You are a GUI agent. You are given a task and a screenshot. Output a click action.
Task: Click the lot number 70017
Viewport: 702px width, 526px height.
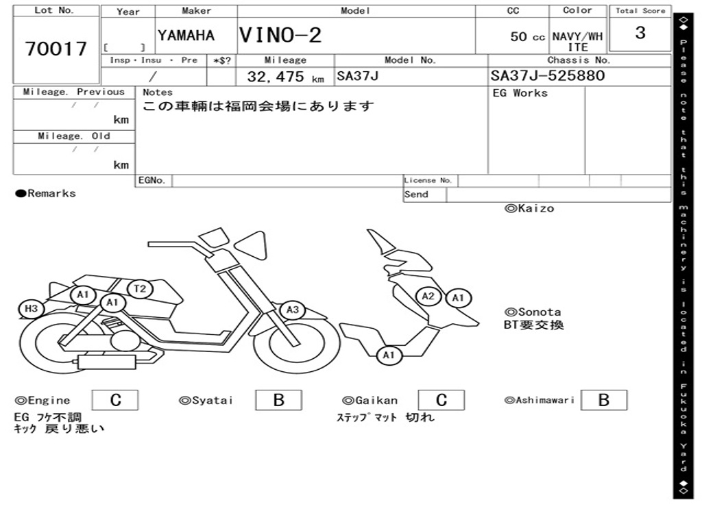[56, 49]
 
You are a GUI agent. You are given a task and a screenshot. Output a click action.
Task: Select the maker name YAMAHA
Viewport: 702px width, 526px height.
[186, 36]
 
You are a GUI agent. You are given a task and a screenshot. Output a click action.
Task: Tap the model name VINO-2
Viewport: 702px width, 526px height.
[280, 35]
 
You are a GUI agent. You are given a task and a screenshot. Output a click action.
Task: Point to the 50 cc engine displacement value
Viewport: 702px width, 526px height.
[527, 37]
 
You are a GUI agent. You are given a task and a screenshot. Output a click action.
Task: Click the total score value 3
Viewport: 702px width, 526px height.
[640, 33]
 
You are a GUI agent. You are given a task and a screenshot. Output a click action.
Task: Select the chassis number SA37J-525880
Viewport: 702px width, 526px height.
[548, 75]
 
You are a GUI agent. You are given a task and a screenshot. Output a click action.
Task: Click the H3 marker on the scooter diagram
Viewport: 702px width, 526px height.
[31, 309]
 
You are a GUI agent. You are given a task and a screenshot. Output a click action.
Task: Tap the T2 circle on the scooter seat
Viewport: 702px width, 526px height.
[140, 288]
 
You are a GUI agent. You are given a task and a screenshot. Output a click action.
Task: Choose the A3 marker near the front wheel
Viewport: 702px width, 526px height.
[293, 310]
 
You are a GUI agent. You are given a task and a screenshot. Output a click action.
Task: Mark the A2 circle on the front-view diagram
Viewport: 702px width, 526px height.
[428, 296]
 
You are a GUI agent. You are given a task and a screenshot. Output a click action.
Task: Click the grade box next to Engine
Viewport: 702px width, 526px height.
[115, 400]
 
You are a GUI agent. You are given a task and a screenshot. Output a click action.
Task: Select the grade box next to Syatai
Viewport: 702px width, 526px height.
[279, 400]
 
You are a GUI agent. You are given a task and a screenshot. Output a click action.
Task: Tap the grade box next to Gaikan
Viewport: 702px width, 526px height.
[441, 400]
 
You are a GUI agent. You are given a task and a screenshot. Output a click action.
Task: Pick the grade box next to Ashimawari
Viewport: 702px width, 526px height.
[604, 400]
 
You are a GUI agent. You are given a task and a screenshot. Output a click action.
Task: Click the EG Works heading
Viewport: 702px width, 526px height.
[520, 93]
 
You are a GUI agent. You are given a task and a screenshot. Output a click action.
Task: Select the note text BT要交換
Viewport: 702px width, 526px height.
[534, 325]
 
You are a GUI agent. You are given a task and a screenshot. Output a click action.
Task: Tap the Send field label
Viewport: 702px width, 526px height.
[416, 195]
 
